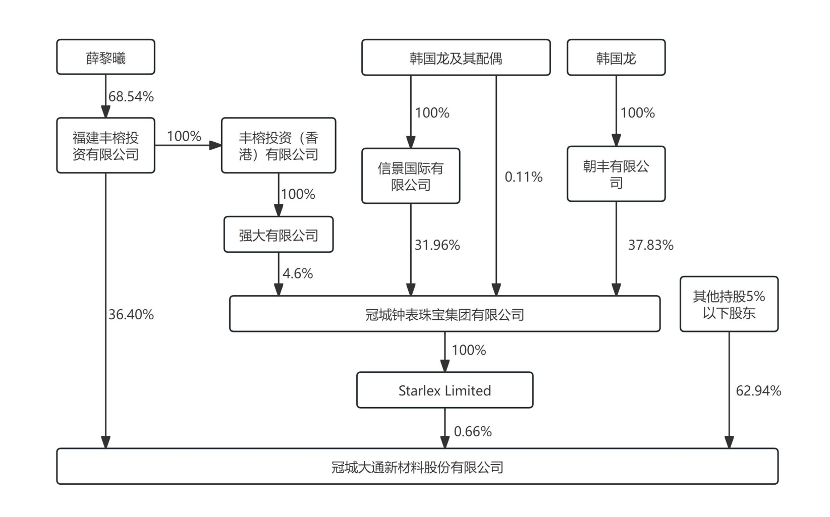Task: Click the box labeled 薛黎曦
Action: [105, 58]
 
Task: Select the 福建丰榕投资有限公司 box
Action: [105, 146]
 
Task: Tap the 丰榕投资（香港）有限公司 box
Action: [278, 146]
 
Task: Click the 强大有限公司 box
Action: [278, 235]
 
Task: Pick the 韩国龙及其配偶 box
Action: [456, 58]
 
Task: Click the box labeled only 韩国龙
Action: [616, 58]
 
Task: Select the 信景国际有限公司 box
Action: [410, 176]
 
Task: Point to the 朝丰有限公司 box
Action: [616, 174]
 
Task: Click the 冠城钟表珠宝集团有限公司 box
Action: [445, 314]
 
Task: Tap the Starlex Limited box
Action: [445, 390]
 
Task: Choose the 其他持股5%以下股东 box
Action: [729, 304]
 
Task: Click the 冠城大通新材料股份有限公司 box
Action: [417, 467]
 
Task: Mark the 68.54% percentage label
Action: [131, 96]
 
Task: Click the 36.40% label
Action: [131, 314]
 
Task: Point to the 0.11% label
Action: [524, 177]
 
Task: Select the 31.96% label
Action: [437, 245]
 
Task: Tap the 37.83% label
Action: [650, 245]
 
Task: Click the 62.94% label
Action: [758, 390]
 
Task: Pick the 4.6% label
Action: [298, 273]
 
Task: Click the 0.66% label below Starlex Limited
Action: [473, 431]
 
